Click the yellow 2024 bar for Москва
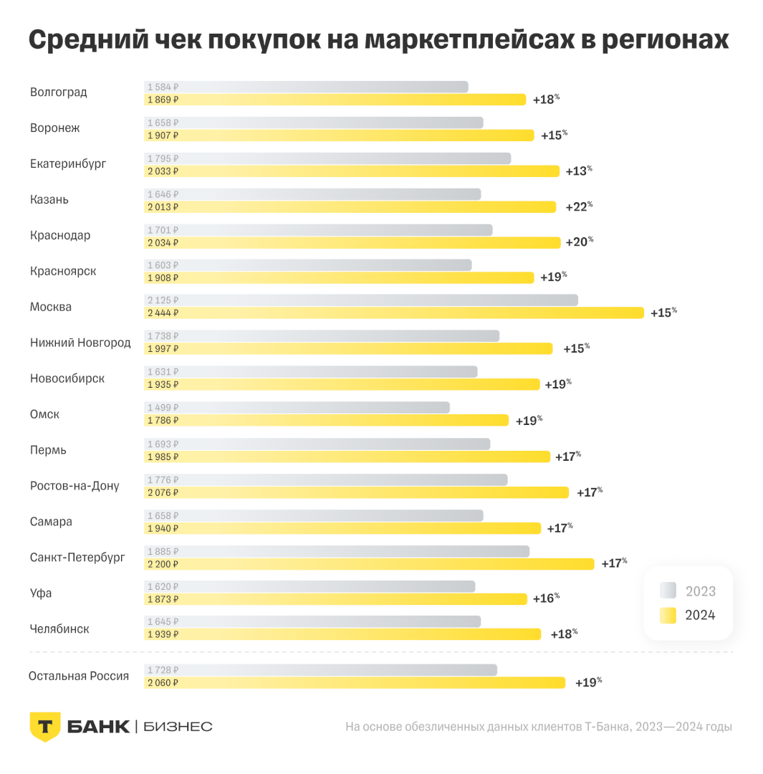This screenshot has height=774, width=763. tap(394, 313)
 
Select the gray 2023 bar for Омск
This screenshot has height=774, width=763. tap(297, 407)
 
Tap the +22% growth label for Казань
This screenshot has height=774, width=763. tap(577, 206)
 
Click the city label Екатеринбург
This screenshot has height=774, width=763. tap(68, 164)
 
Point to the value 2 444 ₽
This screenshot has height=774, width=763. tap(163, 313)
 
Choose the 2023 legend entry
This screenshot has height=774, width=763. tap(688, 591)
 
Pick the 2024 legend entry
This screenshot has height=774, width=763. tap(688, 615)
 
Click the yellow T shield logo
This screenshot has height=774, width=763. tap(44, 727)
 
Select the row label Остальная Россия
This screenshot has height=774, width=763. tap(79, 676)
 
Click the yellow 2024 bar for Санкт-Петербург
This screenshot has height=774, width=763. tap(369, 564)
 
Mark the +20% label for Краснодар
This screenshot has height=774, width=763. tap(577, 242)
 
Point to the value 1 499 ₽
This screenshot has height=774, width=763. tap(163, 407)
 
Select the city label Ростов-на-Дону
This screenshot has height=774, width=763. tap(75, 486)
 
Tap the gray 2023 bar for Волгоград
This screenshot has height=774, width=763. tap(306, 87)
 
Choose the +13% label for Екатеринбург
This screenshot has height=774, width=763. tap(577, 171)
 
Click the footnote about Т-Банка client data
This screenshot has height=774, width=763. tap(538, 727)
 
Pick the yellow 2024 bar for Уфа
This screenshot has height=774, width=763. tap(335, 599)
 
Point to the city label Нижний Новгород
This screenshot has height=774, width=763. tap(80, 343)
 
